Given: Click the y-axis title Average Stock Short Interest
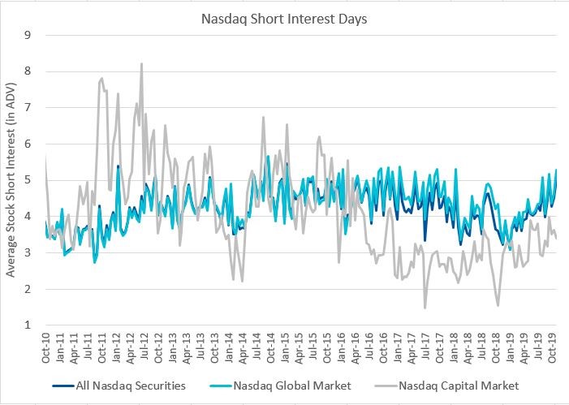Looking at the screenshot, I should click(x=11, y=179).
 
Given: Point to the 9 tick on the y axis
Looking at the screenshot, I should click(x=28, y=35).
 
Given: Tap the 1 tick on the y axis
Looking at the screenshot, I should click(x=28, y=325).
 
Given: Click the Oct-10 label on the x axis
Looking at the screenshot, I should click(x=46, y=347).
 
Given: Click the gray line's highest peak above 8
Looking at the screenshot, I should click(x=141, y=63).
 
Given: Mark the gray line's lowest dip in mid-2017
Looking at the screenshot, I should click(x=425, y=308).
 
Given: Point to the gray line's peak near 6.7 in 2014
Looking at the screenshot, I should click(x=263, y=117).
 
